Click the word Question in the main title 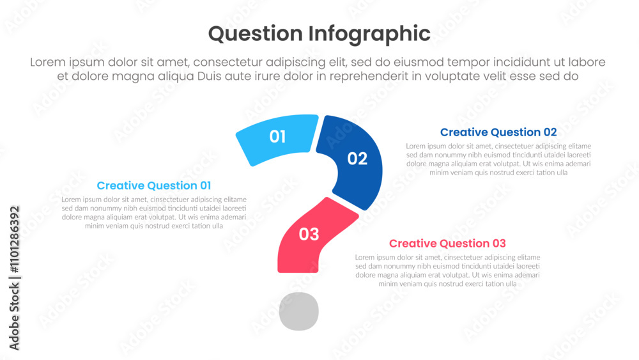point(255,34)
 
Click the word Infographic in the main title point(369,34)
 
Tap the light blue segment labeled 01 point(277,139)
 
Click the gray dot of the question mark point(298,311)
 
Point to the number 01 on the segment point(277,137)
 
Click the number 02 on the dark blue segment point(357,159)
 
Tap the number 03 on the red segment point(309,234)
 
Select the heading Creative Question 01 point(154,185)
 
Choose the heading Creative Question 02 point(498,132)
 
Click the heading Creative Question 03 point(447,244)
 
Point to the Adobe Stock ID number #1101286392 point(15,239)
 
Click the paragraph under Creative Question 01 point(154,212)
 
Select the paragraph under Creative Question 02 point(498,159)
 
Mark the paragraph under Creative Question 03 point(447,270)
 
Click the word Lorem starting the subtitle point(48,62)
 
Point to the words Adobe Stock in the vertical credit point(15,317)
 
